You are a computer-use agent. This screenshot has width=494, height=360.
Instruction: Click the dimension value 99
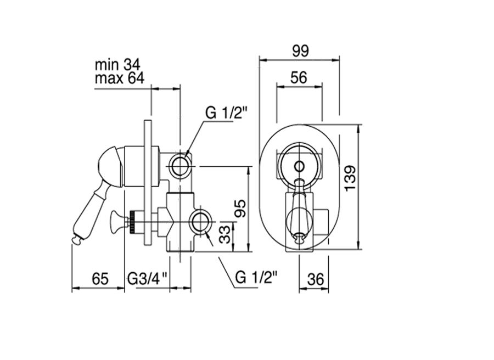(x=300, y=51)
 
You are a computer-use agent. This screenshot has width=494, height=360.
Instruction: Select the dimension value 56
(x=299, y=77)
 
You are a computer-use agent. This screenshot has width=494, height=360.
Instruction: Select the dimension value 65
(x=100, y=279)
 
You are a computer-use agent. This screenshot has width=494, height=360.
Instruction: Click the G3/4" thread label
(x=148, y=279)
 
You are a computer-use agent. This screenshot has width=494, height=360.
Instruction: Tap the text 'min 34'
(x=118, y=65)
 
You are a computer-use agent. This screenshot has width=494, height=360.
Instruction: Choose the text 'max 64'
(x=120, y=78)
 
